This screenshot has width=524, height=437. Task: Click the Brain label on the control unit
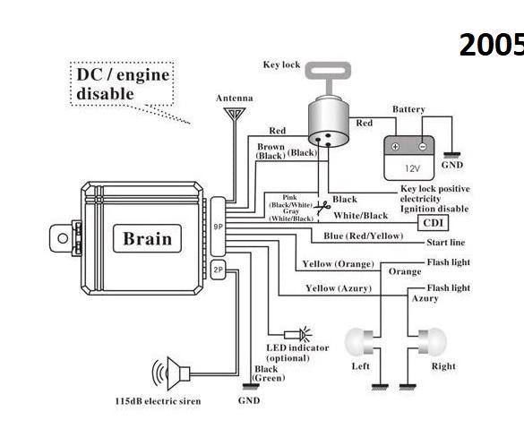[x=148, y=238]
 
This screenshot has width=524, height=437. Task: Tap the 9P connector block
[x=218, y=227]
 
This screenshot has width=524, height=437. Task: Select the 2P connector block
[x=218, y=270]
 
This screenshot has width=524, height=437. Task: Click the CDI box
[x=433, y=223]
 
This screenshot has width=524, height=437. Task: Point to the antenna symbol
[x=235, y=114]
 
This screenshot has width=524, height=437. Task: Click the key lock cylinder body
[x=328, y=122]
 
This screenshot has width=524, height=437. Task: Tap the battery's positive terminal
[x=395, y=146]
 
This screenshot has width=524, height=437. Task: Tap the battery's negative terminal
[x=423, y=146]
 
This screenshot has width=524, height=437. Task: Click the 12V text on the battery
[x=412, y=168]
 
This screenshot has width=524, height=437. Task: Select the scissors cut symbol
[x=322, y=208]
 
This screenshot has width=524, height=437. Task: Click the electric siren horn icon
[x=171, y=373]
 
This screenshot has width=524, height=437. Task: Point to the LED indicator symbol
[x=298, y=334]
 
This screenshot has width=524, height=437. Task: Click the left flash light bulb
[x=359, y=342]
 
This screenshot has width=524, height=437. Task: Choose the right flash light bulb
[x=433, y=342]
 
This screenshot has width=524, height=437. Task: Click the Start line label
[x=446, y=243]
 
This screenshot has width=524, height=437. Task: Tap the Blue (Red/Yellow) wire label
[x=364, y=236]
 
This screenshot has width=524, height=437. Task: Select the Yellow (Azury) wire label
[x=339, y=288]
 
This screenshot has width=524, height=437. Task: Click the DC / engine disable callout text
[x=123, y=84]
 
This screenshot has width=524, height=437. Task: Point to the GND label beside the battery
[x=452, y=165]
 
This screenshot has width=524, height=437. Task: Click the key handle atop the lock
[x=328, y=71]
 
